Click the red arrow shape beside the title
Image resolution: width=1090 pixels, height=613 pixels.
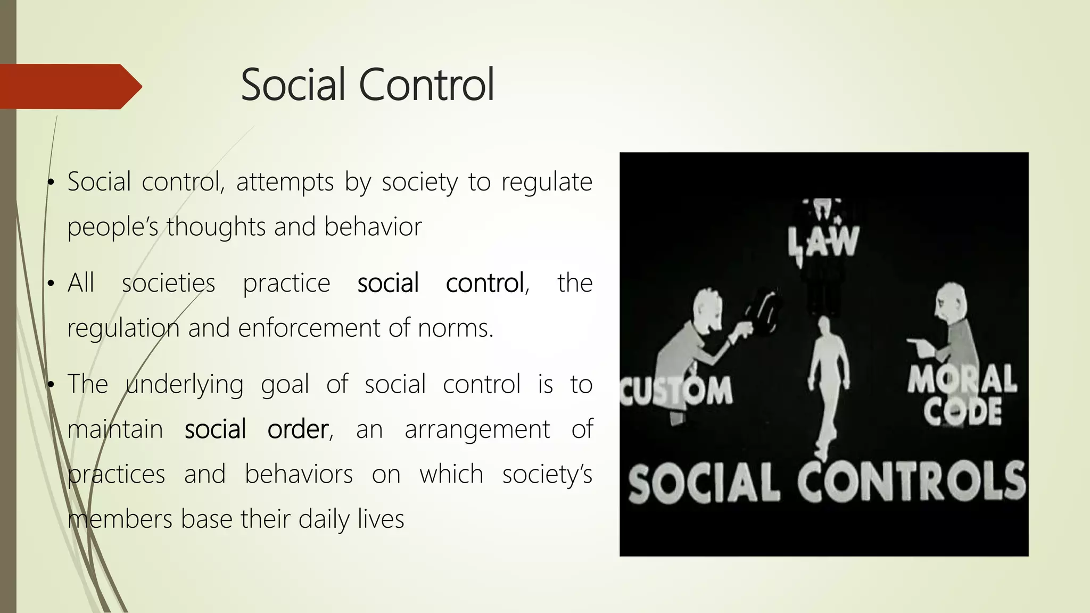click(x=69, y=86)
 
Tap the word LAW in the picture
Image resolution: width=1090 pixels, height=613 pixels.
click(x=823, y=243)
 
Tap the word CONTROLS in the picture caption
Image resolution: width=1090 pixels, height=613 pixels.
click(x=911, y=482)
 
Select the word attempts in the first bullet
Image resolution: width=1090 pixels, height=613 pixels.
click(x=285, y=182)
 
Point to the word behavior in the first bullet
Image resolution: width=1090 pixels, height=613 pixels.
click(x=373, y=227)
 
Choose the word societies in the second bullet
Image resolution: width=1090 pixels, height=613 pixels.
click(x=168, y=283)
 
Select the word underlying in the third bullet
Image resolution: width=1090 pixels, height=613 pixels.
click(x=185, y=384)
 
